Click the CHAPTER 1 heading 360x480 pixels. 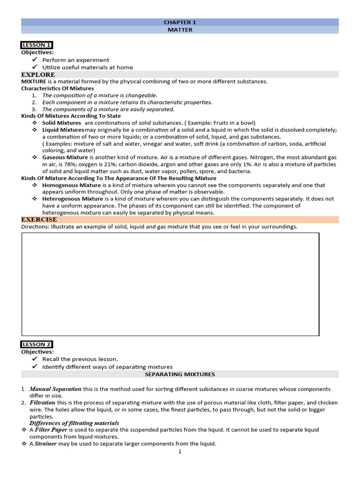coord(180,22)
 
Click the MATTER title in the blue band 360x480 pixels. coord(180,30)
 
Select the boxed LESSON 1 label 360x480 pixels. coord(37,45)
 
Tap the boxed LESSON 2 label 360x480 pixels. coord(37,345)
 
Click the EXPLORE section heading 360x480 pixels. coord(38,75)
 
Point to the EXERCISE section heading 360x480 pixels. coord(39,219)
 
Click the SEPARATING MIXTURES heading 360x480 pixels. coord(180,374)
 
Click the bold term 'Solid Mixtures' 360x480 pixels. coord(61,123)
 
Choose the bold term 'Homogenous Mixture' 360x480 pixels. coord(71,185)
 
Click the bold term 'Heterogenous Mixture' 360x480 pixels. coord(73,199)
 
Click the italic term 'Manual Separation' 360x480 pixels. coord(55,389)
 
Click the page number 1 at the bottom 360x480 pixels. coord(180,452)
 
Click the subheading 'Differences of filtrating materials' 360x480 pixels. coord(74,423)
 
